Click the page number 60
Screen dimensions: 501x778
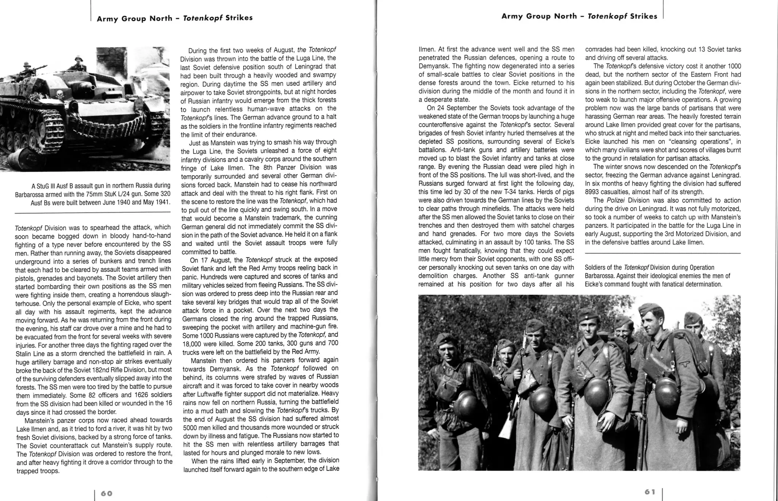(x=107, y=493)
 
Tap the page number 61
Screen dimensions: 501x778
(x=650, y=492)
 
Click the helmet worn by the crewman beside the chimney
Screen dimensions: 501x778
(x=79, y=59)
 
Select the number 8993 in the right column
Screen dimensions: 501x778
(x=595, y=192)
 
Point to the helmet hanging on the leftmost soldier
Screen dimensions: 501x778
(x=466, y=404)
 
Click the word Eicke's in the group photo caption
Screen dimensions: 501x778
(x=595, y=284)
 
